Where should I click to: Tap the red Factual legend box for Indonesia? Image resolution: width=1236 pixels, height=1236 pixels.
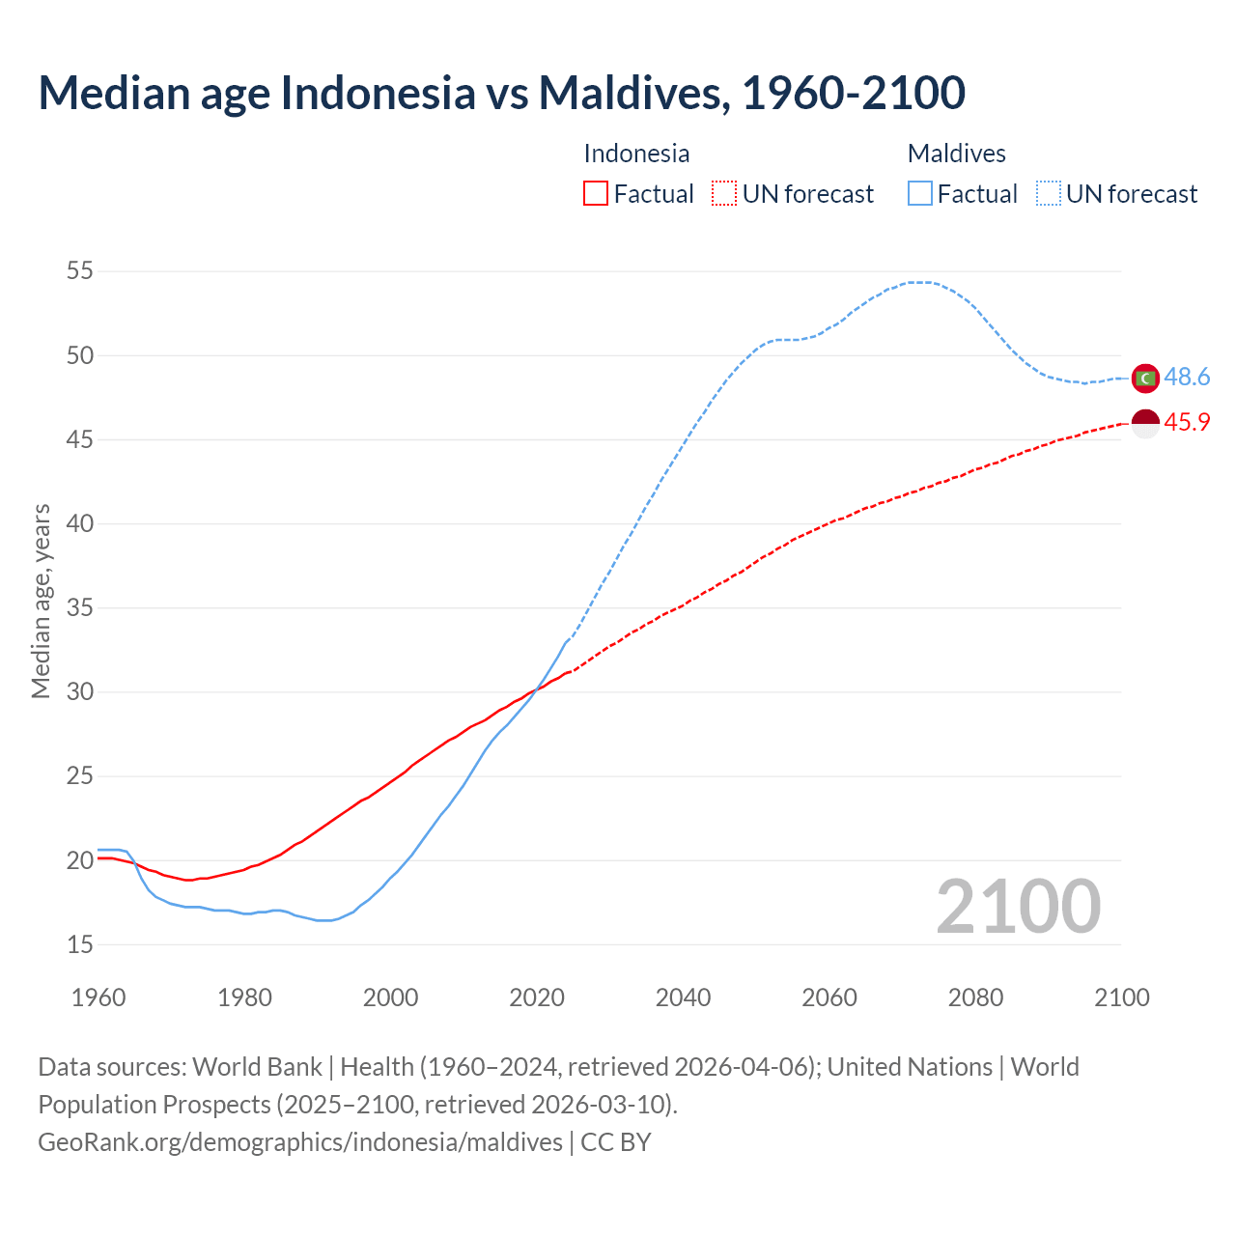[596, 194]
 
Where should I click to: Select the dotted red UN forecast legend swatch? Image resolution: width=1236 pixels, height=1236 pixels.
[724, 194]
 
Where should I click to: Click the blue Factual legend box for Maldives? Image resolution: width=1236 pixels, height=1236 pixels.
[919, 194]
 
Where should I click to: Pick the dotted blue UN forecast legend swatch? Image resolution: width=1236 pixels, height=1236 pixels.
[1048, 194]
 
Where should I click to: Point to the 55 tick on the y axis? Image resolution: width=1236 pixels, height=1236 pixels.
[80, 271]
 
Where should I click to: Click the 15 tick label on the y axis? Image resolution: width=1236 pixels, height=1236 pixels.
[80, 944]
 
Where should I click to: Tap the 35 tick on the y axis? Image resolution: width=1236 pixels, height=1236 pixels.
[80, 608]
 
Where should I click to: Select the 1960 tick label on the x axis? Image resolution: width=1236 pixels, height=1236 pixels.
[98, 997]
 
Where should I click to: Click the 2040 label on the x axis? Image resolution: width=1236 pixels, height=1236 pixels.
[683, 997]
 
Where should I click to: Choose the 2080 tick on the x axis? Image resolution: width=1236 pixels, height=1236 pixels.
[975, 997]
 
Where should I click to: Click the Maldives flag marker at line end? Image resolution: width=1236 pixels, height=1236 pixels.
[1145, 379]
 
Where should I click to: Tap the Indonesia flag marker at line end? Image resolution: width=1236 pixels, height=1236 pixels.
[1145, 423]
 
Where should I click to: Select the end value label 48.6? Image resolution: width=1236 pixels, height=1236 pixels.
[1187, 378]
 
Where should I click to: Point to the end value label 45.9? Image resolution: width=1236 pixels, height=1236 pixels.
[1187, 423]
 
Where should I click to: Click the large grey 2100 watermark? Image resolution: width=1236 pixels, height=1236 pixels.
[1018, 907]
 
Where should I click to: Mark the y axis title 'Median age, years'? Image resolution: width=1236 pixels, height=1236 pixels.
[41, 601]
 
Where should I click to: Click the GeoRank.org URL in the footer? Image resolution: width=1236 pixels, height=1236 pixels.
[299, 1142]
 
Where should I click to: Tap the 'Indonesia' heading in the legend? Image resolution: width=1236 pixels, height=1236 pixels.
[636, 154]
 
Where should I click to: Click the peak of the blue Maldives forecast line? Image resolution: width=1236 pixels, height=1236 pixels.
[920, 282]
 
